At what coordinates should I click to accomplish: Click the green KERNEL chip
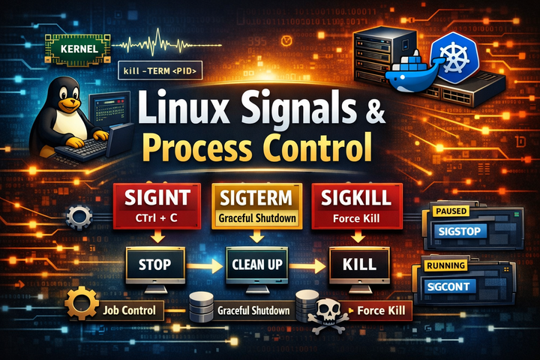click(x=78, y=49)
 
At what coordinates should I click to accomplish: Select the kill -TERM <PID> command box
click(x=160, y=71)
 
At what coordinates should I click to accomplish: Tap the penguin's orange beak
click(x=70, y=103)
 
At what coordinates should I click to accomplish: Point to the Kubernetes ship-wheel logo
click(x=454, y=57)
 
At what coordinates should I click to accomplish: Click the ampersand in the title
click(x=374, y=109)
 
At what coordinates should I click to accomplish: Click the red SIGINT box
click(x=157, y=206)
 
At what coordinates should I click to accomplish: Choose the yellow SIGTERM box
click(x=257, y=206)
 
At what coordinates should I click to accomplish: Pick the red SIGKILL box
click(x=357, y=206)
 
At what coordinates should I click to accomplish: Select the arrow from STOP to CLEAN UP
click(x=205, y=266)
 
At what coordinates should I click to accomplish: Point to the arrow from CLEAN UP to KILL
click(x=307, y=266)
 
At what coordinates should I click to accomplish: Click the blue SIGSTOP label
click(x=460, y=231)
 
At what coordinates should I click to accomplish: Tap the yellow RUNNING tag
click(x=446, y=265)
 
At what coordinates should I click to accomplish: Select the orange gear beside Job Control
click(x=82, y=304)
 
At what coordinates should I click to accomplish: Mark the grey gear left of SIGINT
click(x=79, y=217)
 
